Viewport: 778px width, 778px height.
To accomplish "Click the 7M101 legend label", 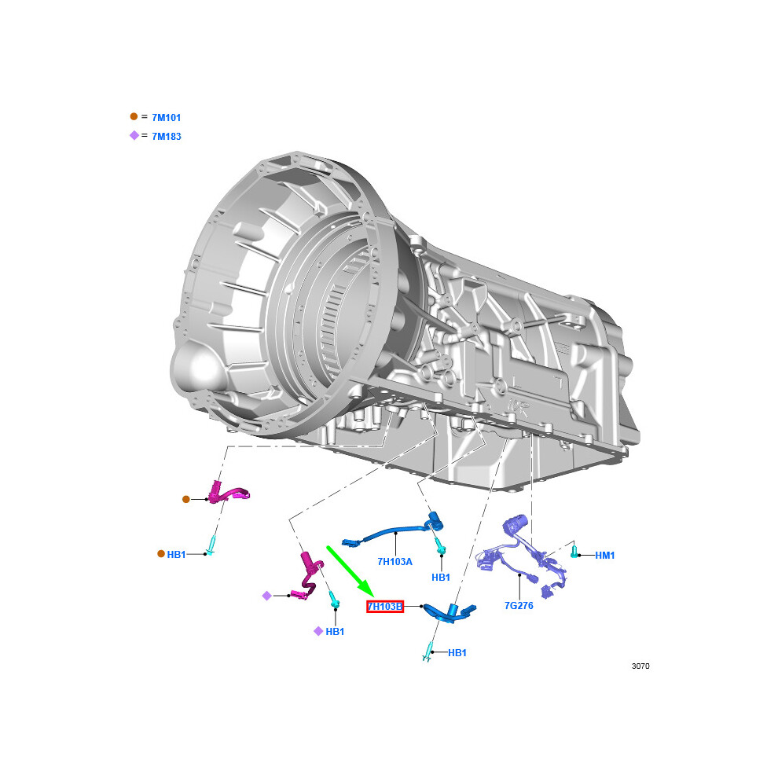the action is click(167, 118).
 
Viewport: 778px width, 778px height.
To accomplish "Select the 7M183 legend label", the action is click(167, 137).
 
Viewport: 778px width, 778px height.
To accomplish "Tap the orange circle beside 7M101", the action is click(134, 116).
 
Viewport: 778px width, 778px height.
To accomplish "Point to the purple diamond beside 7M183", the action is click(134, 135).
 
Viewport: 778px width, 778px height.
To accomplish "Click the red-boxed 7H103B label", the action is click(385, 607).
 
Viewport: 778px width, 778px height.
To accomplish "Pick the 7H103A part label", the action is click(395, 562).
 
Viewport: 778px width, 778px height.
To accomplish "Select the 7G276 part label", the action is click(519, 606).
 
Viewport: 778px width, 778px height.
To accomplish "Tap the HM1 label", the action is click(605, 556).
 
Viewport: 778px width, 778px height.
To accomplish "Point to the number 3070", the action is click(640, 666).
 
